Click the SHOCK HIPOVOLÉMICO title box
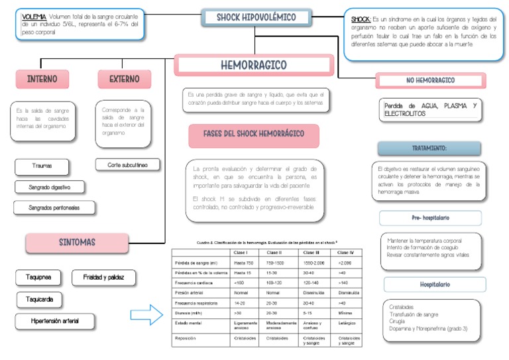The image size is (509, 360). coord(256,17)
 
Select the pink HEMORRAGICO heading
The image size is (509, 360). coord(254,65)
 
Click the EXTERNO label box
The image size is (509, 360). coord(124,79)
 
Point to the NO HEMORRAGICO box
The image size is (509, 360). coord(430,80)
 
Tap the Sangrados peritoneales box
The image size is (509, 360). coord(54,208)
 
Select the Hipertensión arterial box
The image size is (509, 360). coord(54,322)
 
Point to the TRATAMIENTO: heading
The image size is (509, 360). coord(429,148)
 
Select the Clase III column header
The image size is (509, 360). coord(311,253)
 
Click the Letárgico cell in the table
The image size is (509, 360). coord(347,324)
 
